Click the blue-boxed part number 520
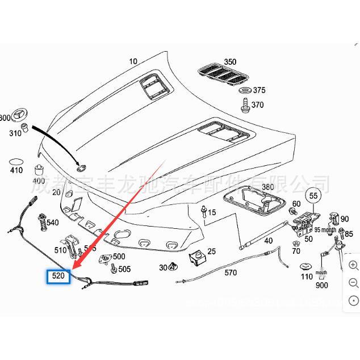tap(58, 277)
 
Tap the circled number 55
tap(313, 195)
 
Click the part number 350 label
tap(229, 62)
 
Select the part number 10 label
tap(133, 61)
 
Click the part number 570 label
tap(231, 273)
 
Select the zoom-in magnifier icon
tap(353, 265)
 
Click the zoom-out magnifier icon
tap(353, 283)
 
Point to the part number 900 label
tap(322, 286)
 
